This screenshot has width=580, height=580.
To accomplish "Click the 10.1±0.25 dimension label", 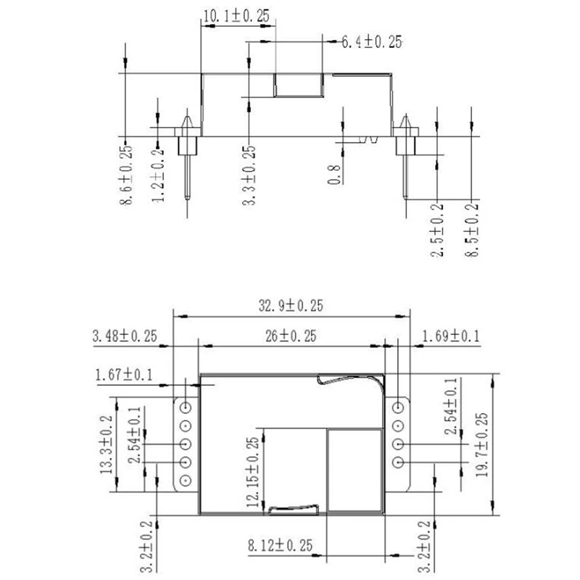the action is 236,16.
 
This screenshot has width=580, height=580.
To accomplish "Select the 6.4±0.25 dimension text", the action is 372,42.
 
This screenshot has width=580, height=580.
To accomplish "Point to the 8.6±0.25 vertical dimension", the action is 125,175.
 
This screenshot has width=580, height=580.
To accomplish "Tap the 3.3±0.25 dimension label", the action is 249,175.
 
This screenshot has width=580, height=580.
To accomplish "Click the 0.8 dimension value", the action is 333,175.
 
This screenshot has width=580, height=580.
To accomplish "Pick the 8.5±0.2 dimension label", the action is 472,230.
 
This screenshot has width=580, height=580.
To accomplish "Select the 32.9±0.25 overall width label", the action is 291,306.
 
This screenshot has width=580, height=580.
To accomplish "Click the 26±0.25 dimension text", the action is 291,336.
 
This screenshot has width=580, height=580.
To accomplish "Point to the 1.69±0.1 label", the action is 450,336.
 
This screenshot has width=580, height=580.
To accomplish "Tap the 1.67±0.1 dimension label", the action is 124,375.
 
